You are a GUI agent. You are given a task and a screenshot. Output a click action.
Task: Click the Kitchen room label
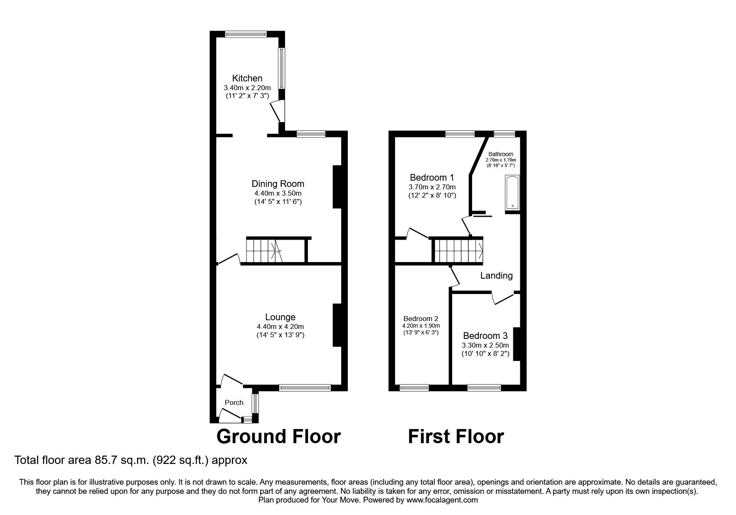click(x=247, y=78)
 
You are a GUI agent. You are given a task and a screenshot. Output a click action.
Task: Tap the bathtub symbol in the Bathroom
click(x=512, y=193)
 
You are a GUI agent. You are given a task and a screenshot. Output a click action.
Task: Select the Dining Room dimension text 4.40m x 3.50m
click(x=278, y=193)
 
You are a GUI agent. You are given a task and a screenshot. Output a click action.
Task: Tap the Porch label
click(x=234, y=402)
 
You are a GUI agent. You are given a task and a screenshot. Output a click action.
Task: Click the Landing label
click(x=496, y=275)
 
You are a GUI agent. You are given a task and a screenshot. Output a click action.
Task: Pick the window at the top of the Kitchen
click(x=246, y=35)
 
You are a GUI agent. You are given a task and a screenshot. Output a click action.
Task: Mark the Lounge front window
click(x=305, y=388)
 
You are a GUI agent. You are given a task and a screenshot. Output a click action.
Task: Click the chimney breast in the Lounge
click(x=337, y=325)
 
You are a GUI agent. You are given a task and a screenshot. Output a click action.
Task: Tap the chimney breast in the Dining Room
click(x=337, y=187)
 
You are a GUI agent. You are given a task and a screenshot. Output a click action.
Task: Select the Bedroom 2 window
click(x=414, y=388)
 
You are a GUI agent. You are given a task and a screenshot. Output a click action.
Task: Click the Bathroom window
click(x=504, y=134)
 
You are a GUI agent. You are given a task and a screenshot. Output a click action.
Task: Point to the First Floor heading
click(x=455, y=437)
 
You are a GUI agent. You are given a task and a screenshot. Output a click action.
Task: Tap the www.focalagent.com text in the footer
click(x=442, y=500)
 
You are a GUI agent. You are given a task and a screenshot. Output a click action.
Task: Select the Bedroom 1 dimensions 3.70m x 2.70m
click(x=432, y=187)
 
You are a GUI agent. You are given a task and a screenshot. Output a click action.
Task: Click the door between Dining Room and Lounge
click(x=229, y=259)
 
